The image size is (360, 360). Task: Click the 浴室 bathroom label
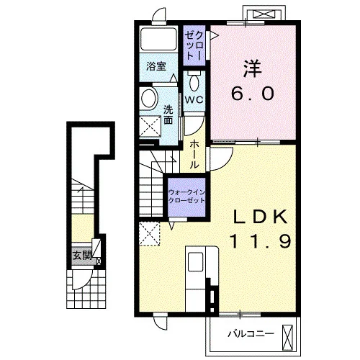[x=156, y=66]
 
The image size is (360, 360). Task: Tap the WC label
[x=194, y=99]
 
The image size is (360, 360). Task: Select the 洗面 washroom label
[x=168, y=114]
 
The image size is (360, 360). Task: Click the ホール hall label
[x=194, y=155]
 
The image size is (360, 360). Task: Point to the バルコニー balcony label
[x=251, y=333]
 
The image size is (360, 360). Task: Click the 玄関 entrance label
[x=82, y=255]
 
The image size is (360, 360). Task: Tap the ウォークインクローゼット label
[x=186, y=197]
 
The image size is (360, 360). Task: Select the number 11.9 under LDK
[x=261, y=241]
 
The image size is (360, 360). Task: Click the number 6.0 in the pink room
[x=253, y=93]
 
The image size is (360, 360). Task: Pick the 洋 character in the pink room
[x=253, y=68]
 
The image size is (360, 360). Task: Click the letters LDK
[x=261, y=217]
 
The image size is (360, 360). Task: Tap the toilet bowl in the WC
[x=194, y=82]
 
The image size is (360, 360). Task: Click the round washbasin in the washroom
[x=149, y=98]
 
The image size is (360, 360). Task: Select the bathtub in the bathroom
[x=158, y=39]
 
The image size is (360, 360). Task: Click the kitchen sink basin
[x=195, y=261]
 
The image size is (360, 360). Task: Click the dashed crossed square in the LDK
[x=150, y=233]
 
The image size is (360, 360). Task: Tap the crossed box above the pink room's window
[x=264, y=14]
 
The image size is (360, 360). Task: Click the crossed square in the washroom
[x=150, y=126]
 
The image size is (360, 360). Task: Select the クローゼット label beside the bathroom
[x=194, y=45]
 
